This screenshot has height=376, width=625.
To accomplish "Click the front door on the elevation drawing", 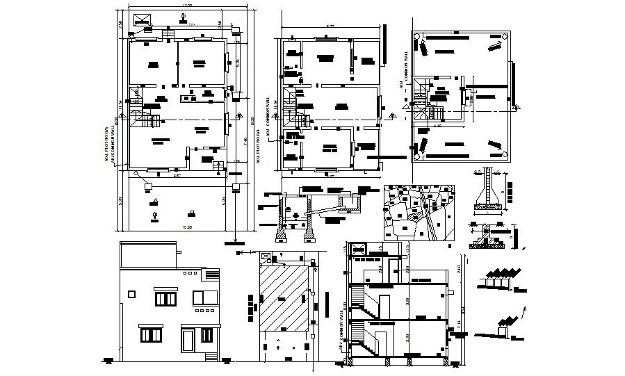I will point(188,341).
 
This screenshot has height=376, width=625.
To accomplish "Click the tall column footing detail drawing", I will point(489,190).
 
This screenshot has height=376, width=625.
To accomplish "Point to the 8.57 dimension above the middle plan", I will point(331,27).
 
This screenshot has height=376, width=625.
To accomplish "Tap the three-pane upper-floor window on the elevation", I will point(165,298).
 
